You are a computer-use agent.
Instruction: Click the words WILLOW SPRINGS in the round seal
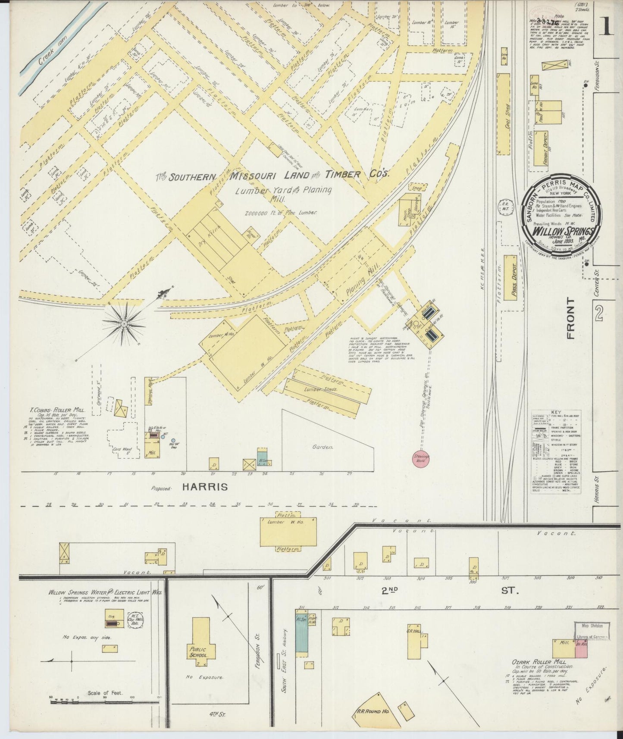point(564,230)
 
